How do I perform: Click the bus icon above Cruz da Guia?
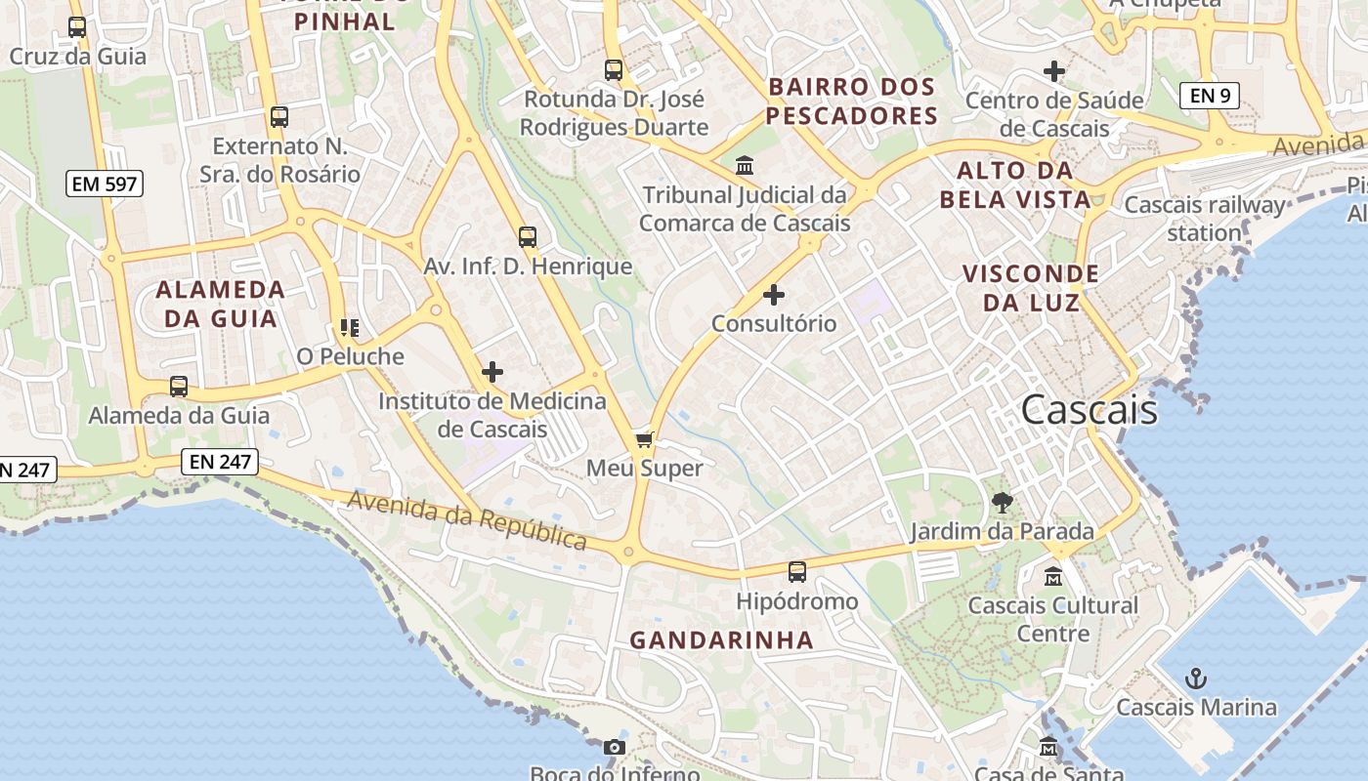[77, 27]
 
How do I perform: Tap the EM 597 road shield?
[105, 183]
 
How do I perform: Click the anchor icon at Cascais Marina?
[1195, 678]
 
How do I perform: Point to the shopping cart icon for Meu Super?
[644, 439]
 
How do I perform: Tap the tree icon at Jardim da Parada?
[1002, 503]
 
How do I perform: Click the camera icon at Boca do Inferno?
[614, 748]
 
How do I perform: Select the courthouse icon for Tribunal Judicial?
[745, 165]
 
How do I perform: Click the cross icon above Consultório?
[774, 294]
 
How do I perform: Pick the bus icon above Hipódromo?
[797, 572]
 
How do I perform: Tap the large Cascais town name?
[1089, 410]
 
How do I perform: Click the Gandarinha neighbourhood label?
[721, 640]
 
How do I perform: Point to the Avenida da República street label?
[467, 519]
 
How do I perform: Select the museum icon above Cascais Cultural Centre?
[1053, 576]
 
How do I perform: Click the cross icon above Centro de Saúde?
[1054, 71]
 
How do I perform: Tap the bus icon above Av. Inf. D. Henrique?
[528, 236]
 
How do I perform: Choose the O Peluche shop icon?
[350, 327]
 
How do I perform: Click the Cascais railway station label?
[1205, 219]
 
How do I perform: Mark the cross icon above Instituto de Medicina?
[492, 372]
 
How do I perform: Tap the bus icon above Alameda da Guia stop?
[179, 387]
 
